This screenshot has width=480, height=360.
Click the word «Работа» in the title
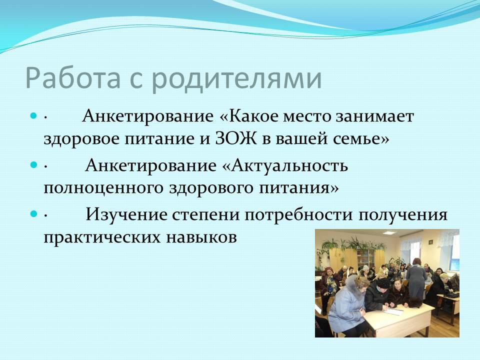click(73, 78)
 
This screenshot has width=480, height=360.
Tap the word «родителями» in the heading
click(237, 79)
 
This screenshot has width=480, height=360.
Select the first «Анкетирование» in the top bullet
click(148, 116)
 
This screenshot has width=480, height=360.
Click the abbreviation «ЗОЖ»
click(235, 138)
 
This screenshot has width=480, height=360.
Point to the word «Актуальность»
click(289, 165)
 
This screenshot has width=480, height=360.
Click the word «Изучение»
click(126, 214)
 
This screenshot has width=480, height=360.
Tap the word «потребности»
click(299, 214)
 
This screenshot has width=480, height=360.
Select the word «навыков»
click(201, 237)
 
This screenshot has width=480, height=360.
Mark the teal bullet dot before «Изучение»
click(33, 213)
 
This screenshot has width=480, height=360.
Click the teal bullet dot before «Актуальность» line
click(33, 164)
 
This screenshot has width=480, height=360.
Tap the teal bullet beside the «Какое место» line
click(33, 115)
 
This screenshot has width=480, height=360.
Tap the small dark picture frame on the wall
click(430, 241)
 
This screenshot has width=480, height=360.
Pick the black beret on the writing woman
click(382, 283)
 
